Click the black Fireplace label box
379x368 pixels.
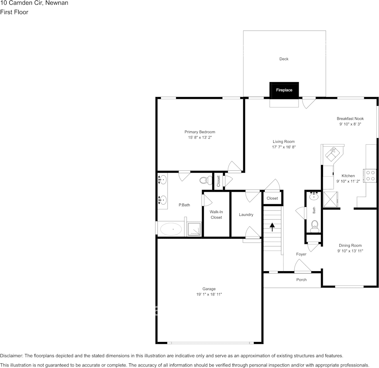284,90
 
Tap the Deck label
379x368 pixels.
284,59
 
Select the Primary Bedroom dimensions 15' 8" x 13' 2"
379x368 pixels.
199,138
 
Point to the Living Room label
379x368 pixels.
283,142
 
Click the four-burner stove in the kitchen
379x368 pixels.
370,175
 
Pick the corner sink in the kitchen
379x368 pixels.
332,154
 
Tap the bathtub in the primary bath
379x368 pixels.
171,230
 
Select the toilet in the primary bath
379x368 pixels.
204,180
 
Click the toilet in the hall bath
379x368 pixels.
315,225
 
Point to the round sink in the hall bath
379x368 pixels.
314,197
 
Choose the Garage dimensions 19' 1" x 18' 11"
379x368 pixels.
209,294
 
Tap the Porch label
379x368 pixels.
301,280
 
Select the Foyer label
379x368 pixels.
301,254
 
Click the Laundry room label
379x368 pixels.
246,215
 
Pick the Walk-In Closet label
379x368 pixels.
216,215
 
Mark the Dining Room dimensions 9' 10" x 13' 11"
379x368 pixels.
350,251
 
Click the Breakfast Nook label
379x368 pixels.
350,119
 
